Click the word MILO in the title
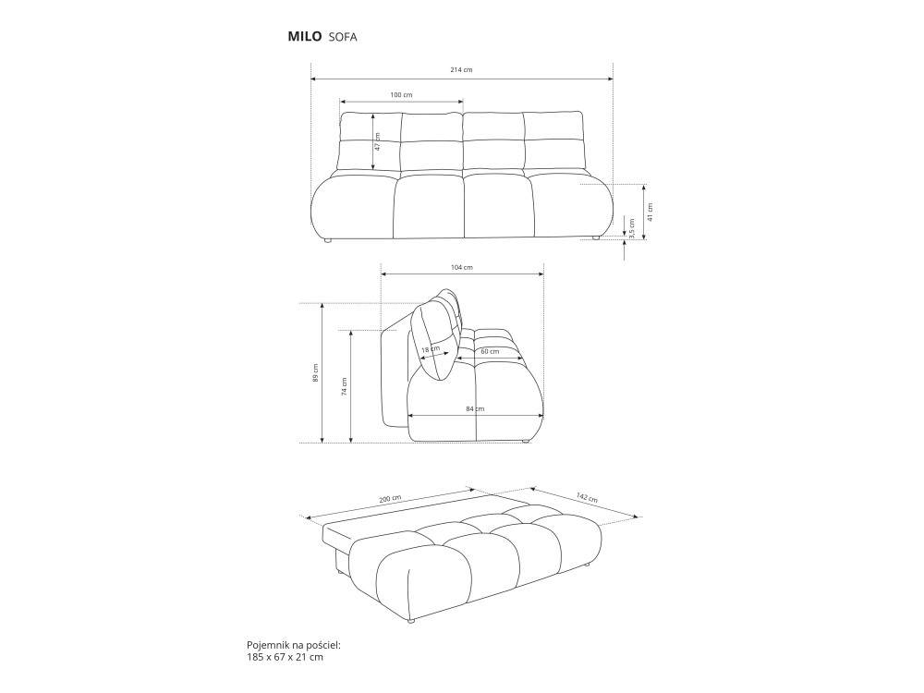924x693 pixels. click(x=304, y=36)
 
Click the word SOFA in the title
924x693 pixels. click(x=342, y=37)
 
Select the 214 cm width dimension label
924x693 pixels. click(x=461, y=69)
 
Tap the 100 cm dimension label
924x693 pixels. click(x=401, y=94)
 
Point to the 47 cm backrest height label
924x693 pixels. click(x=378, y=141)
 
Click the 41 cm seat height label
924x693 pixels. click(x=650, y=212)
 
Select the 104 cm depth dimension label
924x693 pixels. click(x=462, y=267)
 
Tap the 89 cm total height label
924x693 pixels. click(x=316, y=372)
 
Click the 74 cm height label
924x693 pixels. click(x=344, y=386)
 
